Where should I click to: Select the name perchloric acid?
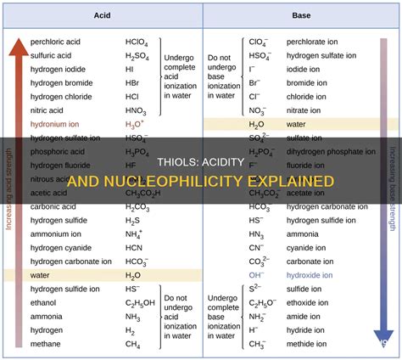pyautogui.click(x=56, y=41)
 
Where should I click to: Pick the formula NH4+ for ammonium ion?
pyautogui.click(x=134, y=233)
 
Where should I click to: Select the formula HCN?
pyautogui.click(x=133, y=247)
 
